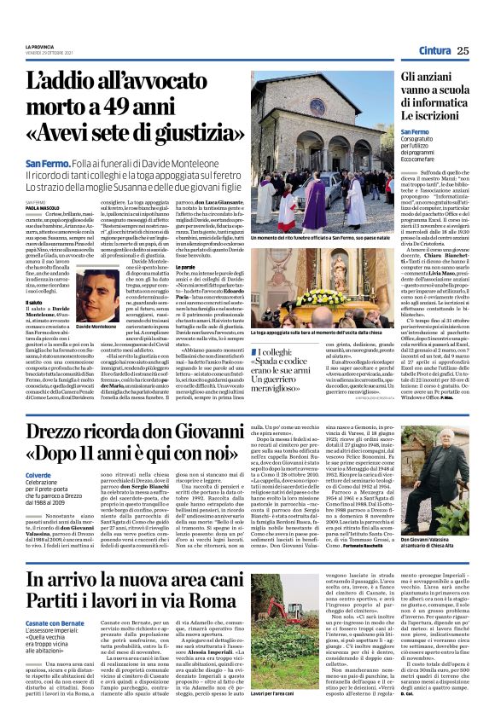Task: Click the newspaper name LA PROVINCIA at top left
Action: click(39, 46)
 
